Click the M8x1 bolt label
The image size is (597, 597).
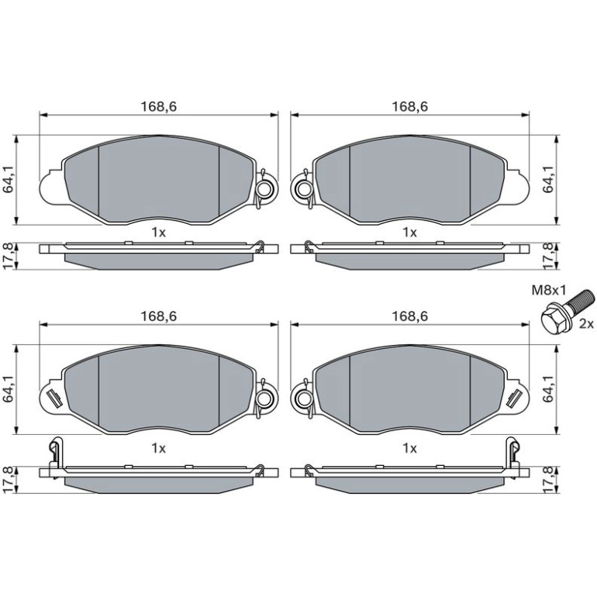coord(549,292)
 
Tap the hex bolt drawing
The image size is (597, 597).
coord(567,310)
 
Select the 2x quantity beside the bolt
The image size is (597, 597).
coord(586,324)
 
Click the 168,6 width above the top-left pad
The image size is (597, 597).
coord(159,106)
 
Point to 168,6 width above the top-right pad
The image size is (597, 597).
coord(410,106)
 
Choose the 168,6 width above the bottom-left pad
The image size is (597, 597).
coord(159,316)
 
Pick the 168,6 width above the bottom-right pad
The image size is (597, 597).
coord(410,316)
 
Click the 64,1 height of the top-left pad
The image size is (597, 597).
coord(9,180)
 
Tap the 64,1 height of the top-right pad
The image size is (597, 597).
coord(548,180)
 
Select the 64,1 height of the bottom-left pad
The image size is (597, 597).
coord(9,389)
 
